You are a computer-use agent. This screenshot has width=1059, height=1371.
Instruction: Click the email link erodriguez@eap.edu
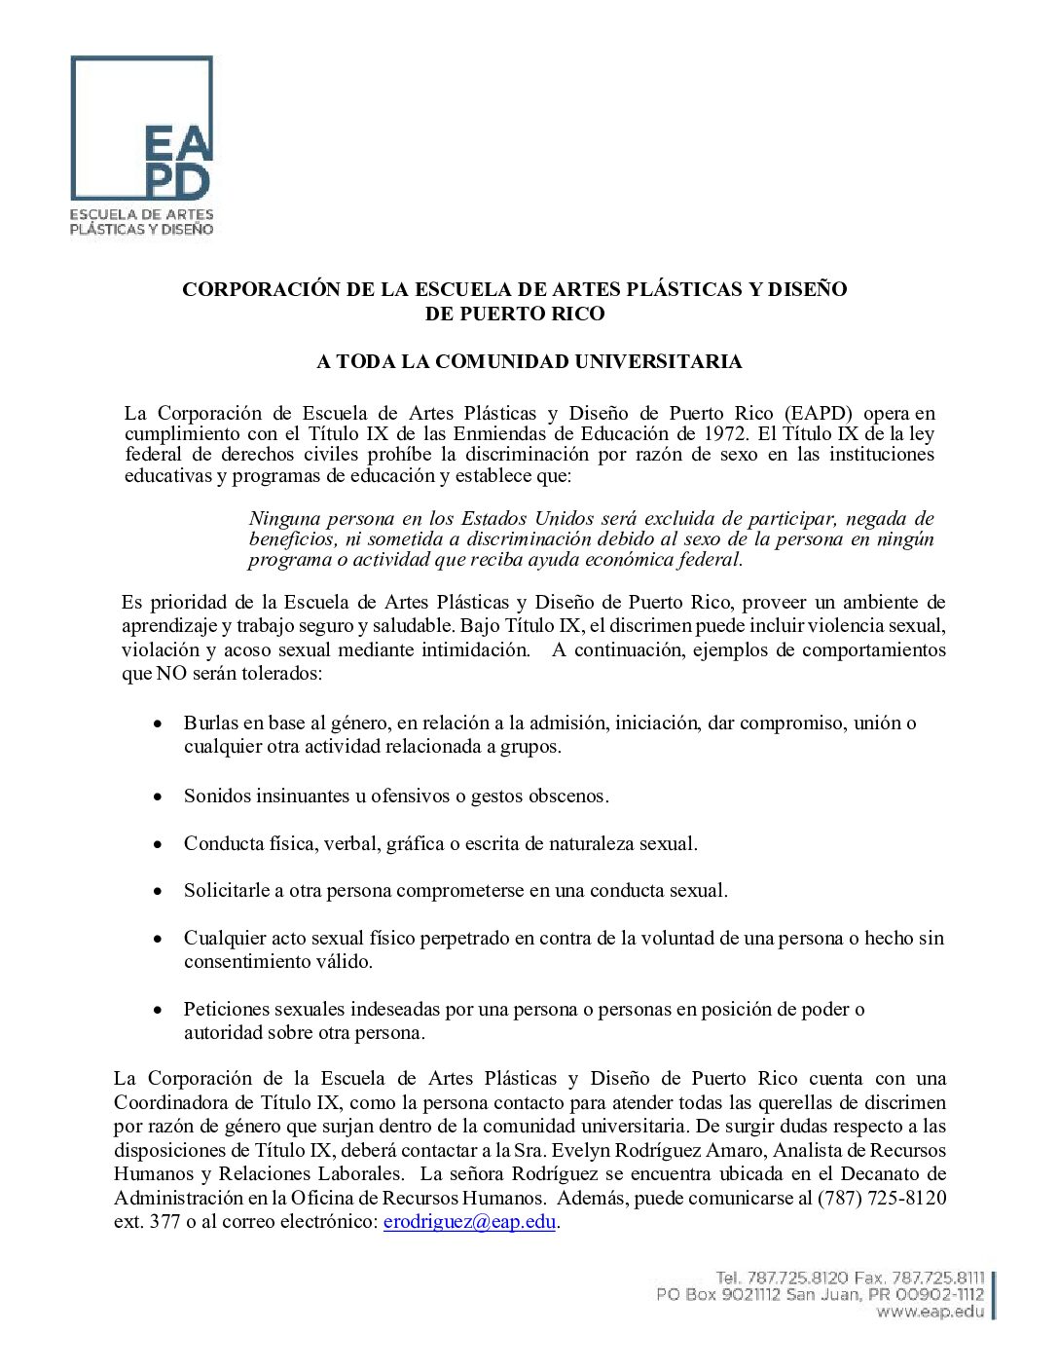click(469, 1222)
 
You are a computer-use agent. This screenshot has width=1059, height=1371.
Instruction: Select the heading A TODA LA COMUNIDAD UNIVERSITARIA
click(529, 362)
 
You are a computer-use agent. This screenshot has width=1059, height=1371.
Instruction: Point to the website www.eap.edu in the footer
click(930, 1312)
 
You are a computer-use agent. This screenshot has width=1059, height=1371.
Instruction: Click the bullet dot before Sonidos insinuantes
click(158, 797)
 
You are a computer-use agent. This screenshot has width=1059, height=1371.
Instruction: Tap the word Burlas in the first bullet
click(210, 723)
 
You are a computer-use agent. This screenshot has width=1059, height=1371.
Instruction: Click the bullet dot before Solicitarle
click(158, 892)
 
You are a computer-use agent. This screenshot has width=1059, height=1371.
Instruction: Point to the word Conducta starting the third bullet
click(221, 844)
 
